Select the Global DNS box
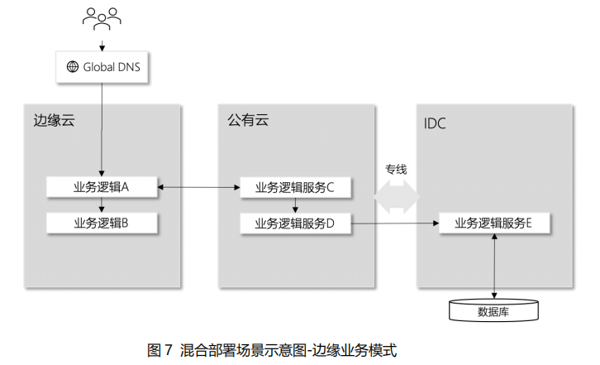[102, 67]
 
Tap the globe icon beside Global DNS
[72, 67]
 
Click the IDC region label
[434, 124]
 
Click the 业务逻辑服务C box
[295, 187]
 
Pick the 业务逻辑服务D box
[295, 222]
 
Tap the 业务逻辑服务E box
[493, 222]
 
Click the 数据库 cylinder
[493, 310]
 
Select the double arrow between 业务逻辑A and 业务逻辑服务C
[198, 188]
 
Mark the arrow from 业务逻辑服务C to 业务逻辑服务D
[295, 204]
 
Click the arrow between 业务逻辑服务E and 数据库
[493, 265]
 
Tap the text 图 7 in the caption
[159, 349]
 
